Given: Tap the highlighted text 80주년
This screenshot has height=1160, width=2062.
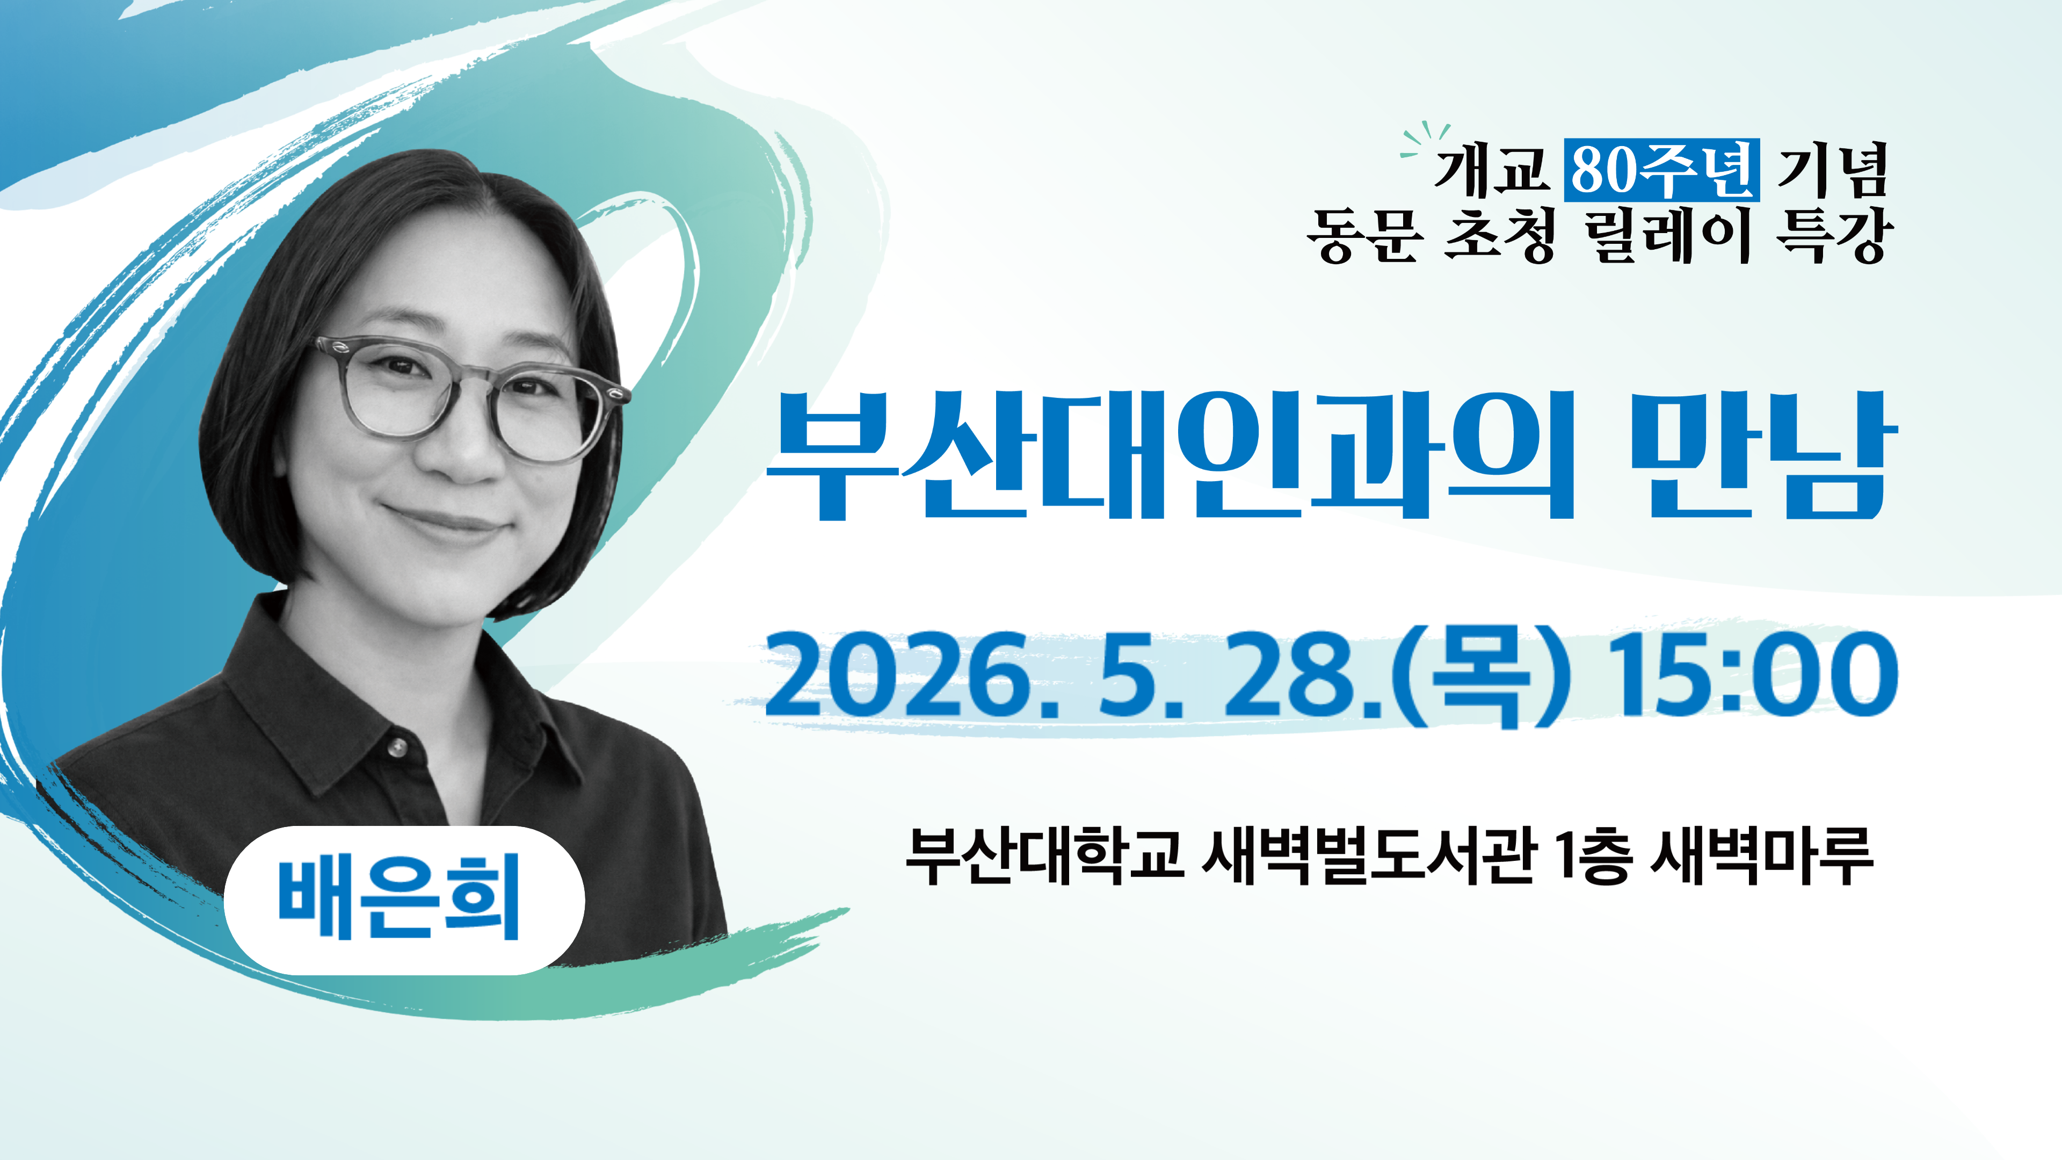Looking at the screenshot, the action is [1662, 170].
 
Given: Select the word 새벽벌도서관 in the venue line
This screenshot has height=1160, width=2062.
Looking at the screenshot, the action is [1370, 857].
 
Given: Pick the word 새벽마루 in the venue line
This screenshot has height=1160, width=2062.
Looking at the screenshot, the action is [1762, 857].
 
